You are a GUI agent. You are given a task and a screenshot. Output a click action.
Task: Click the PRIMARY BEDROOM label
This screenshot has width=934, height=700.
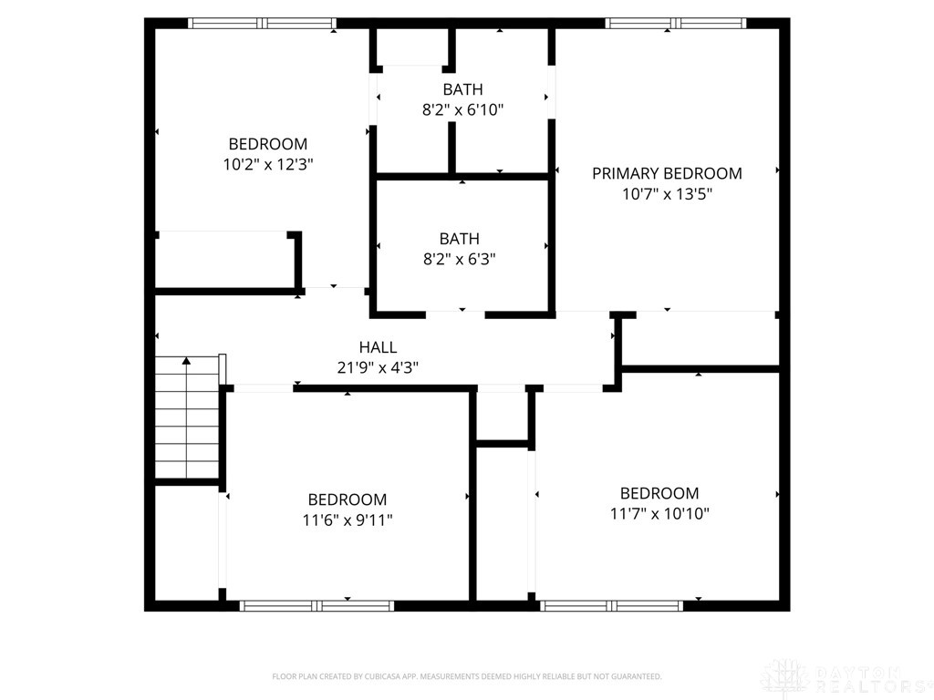tap(667, 173)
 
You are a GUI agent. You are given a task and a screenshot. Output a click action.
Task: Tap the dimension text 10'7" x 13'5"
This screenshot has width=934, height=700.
tap(667, 194)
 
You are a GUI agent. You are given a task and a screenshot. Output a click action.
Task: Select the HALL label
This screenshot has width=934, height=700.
tap(378, 347)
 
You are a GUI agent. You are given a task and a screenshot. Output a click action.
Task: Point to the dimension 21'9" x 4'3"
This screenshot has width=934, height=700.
tap(378, 368)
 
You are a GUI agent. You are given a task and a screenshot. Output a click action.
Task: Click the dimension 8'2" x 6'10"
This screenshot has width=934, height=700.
tap(462, 110)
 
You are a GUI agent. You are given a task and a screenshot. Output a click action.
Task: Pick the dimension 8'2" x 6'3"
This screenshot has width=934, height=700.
tap(459, 259)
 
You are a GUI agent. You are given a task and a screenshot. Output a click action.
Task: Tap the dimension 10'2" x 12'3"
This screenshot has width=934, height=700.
tap(267, 165)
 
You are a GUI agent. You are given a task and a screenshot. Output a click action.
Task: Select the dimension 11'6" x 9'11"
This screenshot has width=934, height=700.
tap(347, 520)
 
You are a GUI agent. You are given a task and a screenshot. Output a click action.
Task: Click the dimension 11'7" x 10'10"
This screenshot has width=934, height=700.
tap(659, 514)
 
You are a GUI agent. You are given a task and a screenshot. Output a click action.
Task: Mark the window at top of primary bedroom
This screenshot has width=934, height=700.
tap(675, 24)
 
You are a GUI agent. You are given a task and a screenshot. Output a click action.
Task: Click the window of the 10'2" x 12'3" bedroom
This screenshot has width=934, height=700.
tap(262, 24)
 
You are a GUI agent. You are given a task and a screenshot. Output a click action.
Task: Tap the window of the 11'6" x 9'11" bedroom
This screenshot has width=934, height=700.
tap(317, 605)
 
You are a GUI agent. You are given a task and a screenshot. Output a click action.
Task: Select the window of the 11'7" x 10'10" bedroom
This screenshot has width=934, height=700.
tap(611, 605)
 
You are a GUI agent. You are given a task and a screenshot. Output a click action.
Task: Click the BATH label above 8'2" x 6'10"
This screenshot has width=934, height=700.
tap(462, 89)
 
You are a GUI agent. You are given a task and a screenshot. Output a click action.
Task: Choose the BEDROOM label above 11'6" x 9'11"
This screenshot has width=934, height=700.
tap(347, 499)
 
